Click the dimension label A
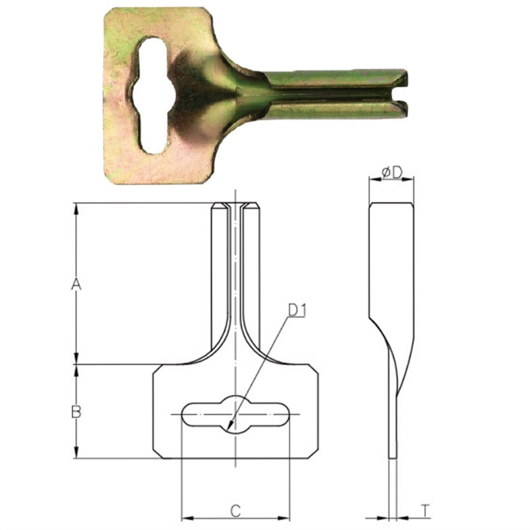pos(75,284)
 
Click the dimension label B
pos(76,412)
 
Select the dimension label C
pos(235,511)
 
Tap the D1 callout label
pos(297,310)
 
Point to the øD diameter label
pos(392,172)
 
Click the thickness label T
pos(424,511)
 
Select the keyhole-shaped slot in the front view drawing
pos(236,415)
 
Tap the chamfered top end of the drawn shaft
pos(236,207)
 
